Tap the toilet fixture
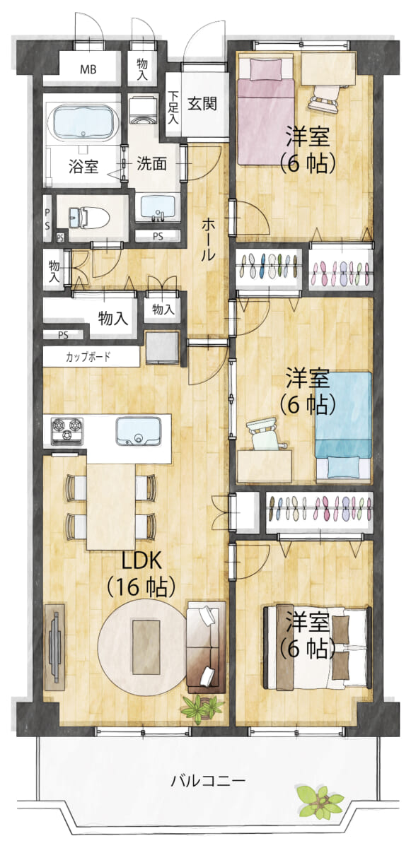[x=89, y=218]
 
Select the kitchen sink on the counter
[x=139, y=430]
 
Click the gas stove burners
[x=66, y=430]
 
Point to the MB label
[x=88, y=69]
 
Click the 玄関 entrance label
[x=202, y=103]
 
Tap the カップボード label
[x=88, y=357]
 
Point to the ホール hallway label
[x=207, y=240]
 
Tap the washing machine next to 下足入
[x=142, y=110]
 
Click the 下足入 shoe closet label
[x=173, y=107]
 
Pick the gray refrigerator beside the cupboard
[x=162, y=347]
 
